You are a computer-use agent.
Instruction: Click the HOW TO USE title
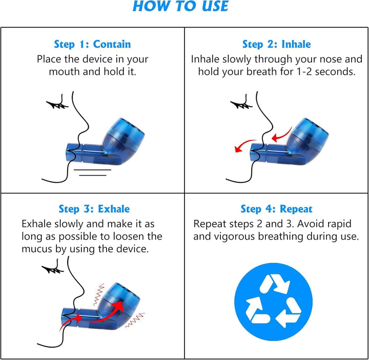[x=180, y=7]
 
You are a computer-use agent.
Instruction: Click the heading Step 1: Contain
[x=92, y=45]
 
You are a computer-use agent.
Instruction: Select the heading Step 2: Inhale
[x=276, y=45]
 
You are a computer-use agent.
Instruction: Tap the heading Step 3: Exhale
[x=94, y=209]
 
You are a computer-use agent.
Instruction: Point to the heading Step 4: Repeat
[x=276, y=209]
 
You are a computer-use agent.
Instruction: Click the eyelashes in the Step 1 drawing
[x=57, y=104]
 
